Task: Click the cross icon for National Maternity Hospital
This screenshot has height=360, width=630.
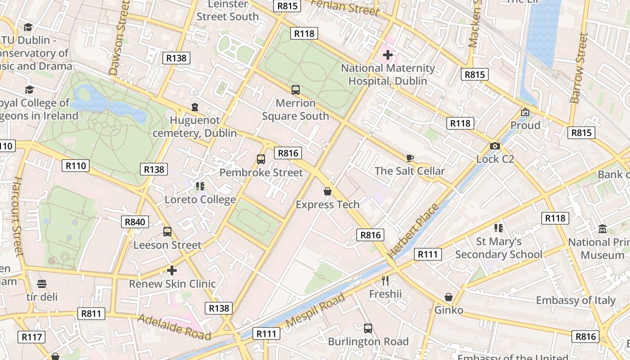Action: coord(387,55)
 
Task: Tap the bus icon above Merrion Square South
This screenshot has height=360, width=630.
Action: coord(296,90)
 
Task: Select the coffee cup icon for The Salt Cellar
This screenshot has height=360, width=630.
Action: coord(409,158)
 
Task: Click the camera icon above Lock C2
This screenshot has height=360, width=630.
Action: coord(495,146)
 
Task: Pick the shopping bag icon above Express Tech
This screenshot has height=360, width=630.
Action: coord(328,191)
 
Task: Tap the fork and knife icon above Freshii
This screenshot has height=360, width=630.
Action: coord(385,281)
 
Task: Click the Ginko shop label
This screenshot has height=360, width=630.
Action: coord(449,310)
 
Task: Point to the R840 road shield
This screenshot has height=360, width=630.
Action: coord(135,222)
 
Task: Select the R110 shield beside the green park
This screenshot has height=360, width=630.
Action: coord(76,166)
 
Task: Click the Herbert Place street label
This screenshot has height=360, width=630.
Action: coord(413,230)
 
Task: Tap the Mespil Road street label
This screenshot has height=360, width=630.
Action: coord(315,310)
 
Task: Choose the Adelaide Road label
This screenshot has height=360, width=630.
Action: coord(174,327)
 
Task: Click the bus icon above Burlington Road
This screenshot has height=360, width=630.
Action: coord(368,328)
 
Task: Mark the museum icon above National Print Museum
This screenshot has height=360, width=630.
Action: coord(603,229)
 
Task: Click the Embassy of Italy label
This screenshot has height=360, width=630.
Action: coord(576,300)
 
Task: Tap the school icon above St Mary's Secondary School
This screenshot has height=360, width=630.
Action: coord(498,228)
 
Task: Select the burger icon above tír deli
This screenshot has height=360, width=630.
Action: coord(42,284)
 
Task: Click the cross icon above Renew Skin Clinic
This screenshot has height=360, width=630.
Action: coord(171,270)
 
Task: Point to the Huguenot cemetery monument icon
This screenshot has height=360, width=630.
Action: coord(194,107)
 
